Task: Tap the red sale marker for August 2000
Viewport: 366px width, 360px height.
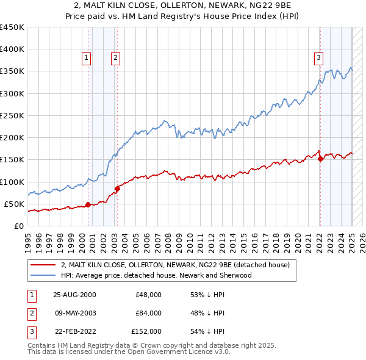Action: pos(88,204)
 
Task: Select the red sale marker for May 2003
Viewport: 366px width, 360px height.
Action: pos(118,189)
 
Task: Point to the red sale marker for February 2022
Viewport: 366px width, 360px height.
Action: pos(321,159)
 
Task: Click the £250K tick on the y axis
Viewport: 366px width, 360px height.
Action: pos(12,115)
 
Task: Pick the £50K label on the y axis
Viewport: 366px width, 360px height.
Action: pos(14,204)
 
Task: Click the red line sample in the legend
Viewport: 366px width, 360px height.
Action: pos(43,265)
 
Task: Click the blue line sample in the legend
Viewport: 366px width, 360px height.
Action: pos(43,275)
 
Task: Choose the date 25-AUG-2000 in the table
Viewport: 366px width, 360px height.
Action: pos(74,295)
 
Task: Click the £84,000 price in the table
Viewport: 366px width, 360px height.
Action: pos(148,313)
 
